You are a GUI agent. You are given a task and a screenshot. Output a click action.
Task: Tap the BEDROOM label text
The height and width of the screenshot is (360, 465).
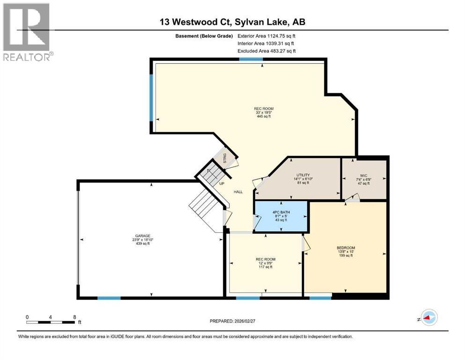click(x=346, y=248)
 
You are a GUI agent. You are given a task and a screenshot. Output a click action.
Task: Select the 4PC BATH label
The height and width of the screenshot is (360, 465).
click(x=281, y=212)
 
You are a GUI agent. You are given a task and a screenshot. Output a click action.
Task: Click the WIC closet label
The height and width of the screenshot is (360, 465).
click(x=363, y=176)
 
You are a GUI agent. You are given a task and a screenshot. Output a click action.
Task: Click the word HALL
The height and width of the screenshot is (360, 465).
click(x=238, y=192)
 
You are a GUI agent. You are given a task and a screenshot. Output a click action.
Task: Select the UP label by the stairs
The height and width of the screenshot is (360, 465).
click(x=221, y=183)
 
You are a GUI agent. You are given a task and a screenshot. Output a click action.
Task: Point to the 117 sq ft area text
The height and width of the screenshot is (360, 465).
click(x=266, y=267)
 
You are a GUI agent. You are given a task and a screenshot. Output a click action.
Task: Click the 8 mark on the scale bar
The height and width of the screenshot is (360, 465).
click(x=75, y=316)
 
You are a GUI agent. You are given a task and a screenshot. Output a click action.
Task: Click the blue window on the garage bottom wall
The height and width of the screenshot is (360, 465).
click(x=109, y=298)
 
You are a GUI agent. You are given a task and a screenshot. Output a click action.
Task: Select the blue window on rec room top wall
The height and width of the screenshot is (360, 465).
click(x=251, y=59)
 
